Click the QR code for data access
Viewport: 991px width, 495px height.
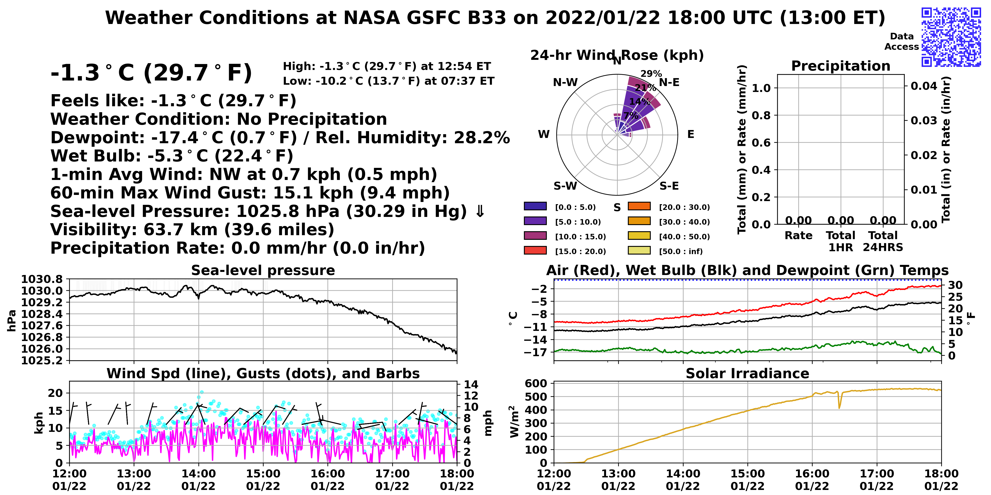[951, 37]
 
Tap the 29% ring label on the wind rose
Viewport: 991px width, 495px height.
[651, 73]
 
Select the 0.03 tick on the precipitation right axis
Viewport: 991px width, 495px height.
[924, 120]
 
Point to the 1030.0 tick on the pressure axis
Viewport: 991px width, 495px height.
[42, 291]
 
